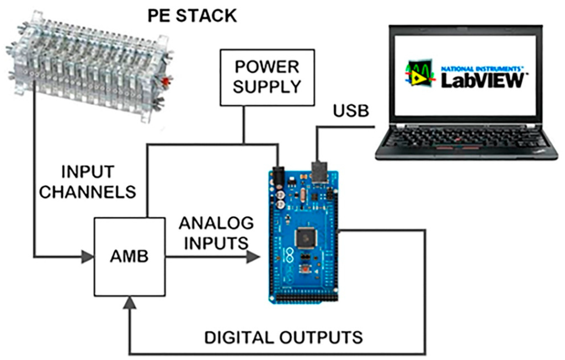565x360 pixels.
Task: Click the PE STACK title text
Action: pos(191,15)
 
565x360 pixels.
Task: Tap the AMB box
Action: pos(130,256)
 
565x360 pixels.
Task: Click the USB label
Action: pos(351,111)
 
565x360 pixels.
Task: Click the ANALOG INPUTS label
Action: pos(216,233)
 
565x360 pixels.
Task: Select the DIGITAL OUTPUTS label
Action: pos(284,336)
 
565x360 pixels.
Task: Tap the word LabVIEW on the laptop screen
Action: pos(482,80)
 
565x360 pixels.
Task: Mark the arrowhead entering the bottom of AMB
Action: pos(130,302)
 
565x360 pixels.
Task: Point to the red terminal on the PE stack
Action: pos(164,83)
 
